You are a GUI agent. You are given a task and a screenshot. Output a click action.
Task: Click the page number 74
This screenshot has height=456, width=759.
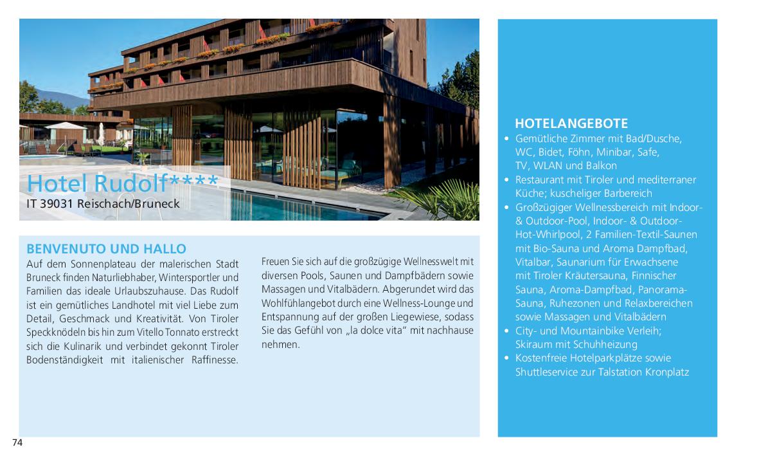tap(17, 442)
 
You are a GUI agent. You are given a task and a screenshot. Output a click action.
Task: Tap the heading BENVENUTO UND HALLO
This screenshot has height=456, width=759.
tap(106, 249)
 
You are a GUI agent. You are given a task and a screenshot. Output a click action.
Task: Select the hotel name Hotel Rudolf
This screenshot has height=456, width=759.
tap(96, 183)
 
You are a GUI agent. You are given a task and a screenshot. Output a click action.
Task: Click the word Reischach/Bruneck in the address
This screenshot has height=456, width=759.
tap(130, 204)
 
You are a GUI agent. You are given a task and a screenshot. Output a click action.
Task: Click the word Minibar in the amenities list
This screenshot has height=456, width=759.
tap(614, 152)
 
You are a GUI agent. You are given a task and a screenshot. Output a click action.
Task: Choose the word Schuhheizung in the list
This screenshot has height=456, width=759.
tap(600, 344)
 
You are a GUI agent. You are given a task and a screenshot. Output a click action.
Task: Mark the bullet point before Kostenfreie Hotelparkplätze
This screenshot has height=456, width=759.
tap(506, 358)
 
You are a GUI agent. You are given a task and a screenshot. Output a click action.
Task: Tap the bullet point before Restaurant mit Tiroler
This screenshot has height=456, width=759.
tap(506, 179)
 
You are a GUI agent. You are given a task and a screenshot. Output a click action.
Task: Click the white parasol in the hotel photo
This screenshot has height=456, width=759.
tap(65, 125)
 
